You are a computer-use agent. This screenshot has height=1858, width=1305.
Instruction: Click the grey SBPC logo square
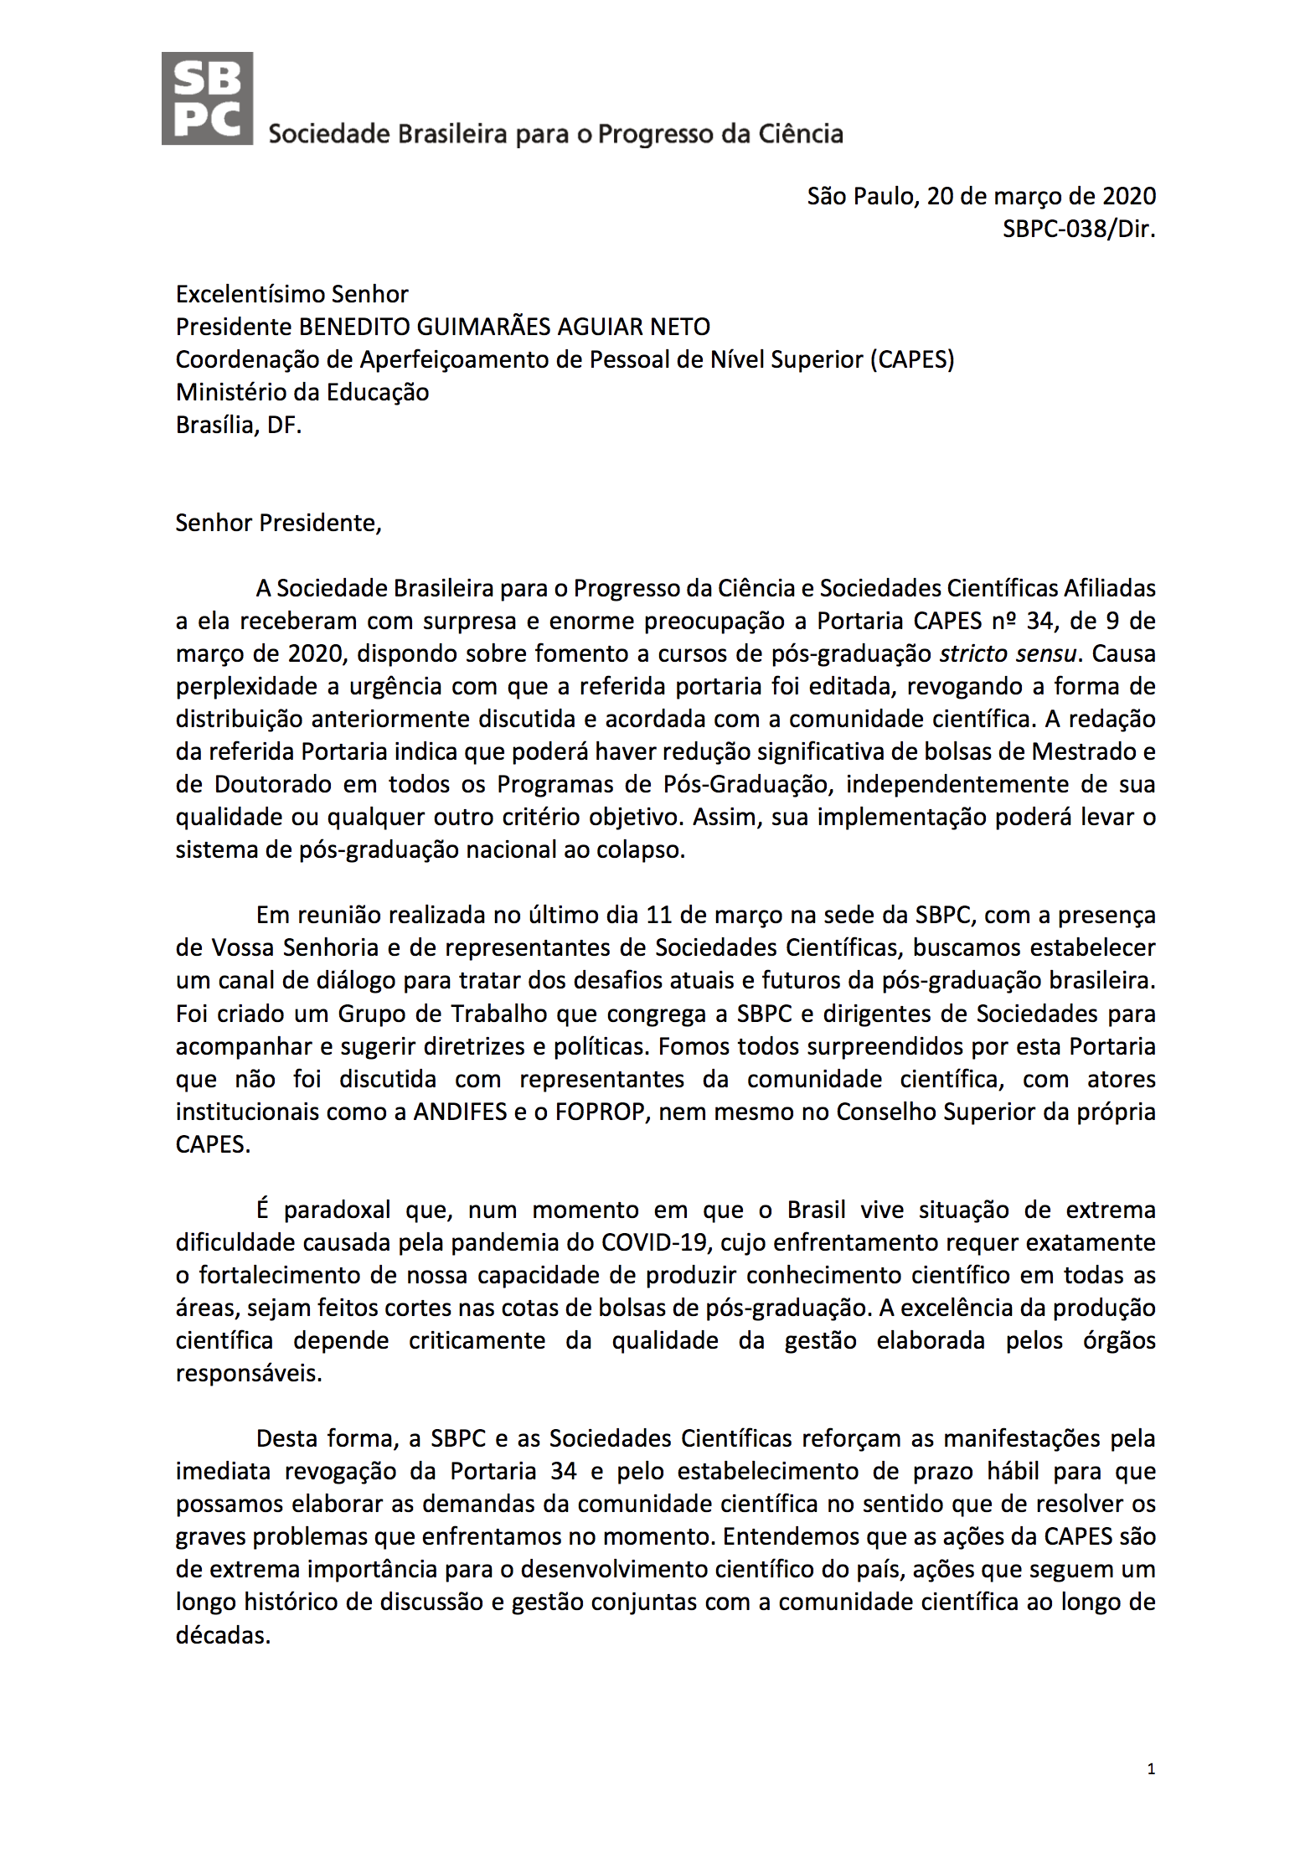coord(207,99)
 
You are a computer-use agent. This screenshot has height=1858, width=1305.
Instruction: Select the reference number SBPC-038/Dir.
coord(1078,229)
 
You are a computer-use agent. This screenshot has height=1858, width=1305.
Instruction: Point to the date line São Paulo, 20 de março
coord(981,196)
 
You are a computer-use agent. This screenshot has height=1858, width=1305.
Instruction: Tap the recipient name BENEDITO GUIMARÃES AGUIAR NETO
coord(504,327)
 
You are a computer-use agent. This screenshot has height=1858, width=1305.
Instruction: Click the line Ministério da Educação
coord(302,392)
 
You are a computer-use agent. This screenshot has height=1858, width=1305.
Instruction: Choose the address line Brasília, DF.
coord(238,425)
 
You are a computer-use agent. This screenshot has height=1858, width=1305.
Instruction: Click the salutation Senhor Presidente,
coord(278,523)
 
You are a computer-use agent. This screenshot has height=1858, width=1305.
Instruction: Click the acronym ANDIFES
coord(460,1112)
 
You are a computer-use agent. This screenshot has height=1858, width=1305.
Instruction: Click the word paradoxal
coord(337,1210)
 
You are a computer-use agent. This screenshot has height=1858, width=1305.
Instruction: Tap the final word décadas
coord(222,1634)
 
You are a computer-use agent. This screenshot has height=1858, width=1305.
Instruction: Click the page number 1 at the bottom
coord(1151,1769)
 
